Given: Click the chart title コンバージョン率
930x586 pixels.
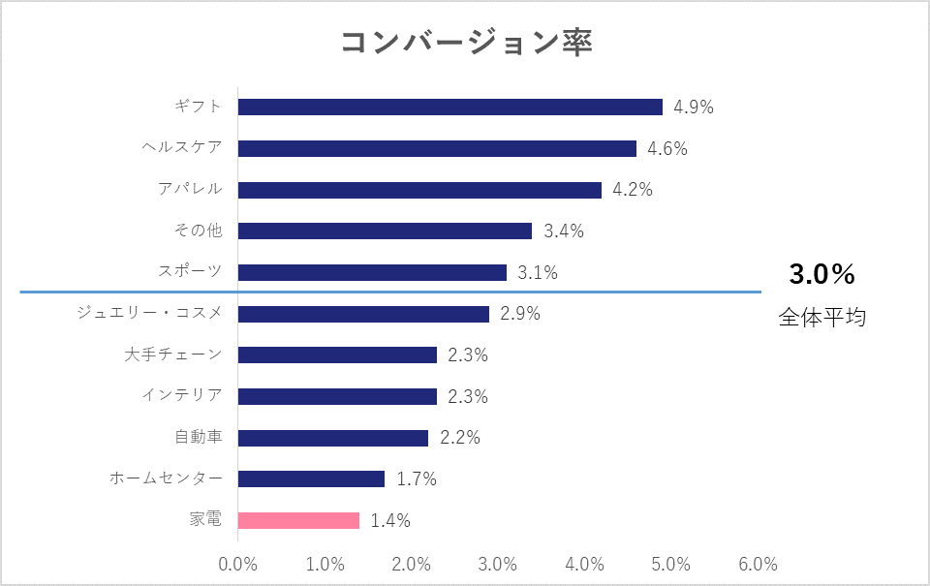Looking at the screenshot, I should tap(466, 44).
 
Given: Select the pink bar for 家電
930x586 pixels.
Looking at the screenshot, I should tap(298, 520).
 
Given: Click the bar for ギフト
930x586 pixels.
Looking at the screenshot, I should tap(449, 107).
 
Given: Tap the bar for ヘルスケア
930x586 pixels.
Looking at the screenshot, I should tap(437, 148).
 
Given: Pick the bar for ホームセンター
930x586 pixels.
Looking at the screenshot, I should tap(311, 478).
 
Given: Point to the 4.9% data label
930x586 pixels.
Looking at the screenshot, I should tap(694, 108).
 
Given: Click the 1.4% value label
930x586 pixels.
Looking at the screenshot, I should tap(390, 521).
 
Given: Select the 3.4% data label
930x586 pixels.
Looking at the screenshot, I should tap(564, 231).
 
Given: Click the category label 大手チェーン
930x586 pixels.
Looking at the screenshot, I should tap(173, 355).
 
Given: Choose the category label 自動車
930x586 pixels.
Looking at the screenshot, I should tap(199, 437).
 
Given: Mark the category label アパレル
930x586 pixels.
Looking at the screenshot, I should tap(190, 189).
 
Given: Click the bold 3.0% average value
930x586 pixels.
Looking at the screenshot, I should tap(821, 275).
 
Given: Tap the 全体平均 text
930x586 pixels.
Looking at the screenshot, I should tap(821, 317).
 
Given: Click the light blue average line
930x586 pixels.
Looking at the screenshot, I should tap(387, 292).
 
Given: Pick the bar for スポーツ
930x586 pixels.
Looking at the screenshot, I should tap(372, 272).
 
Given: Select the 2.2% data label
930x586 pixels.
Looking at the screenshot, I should tap(460, 438).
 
